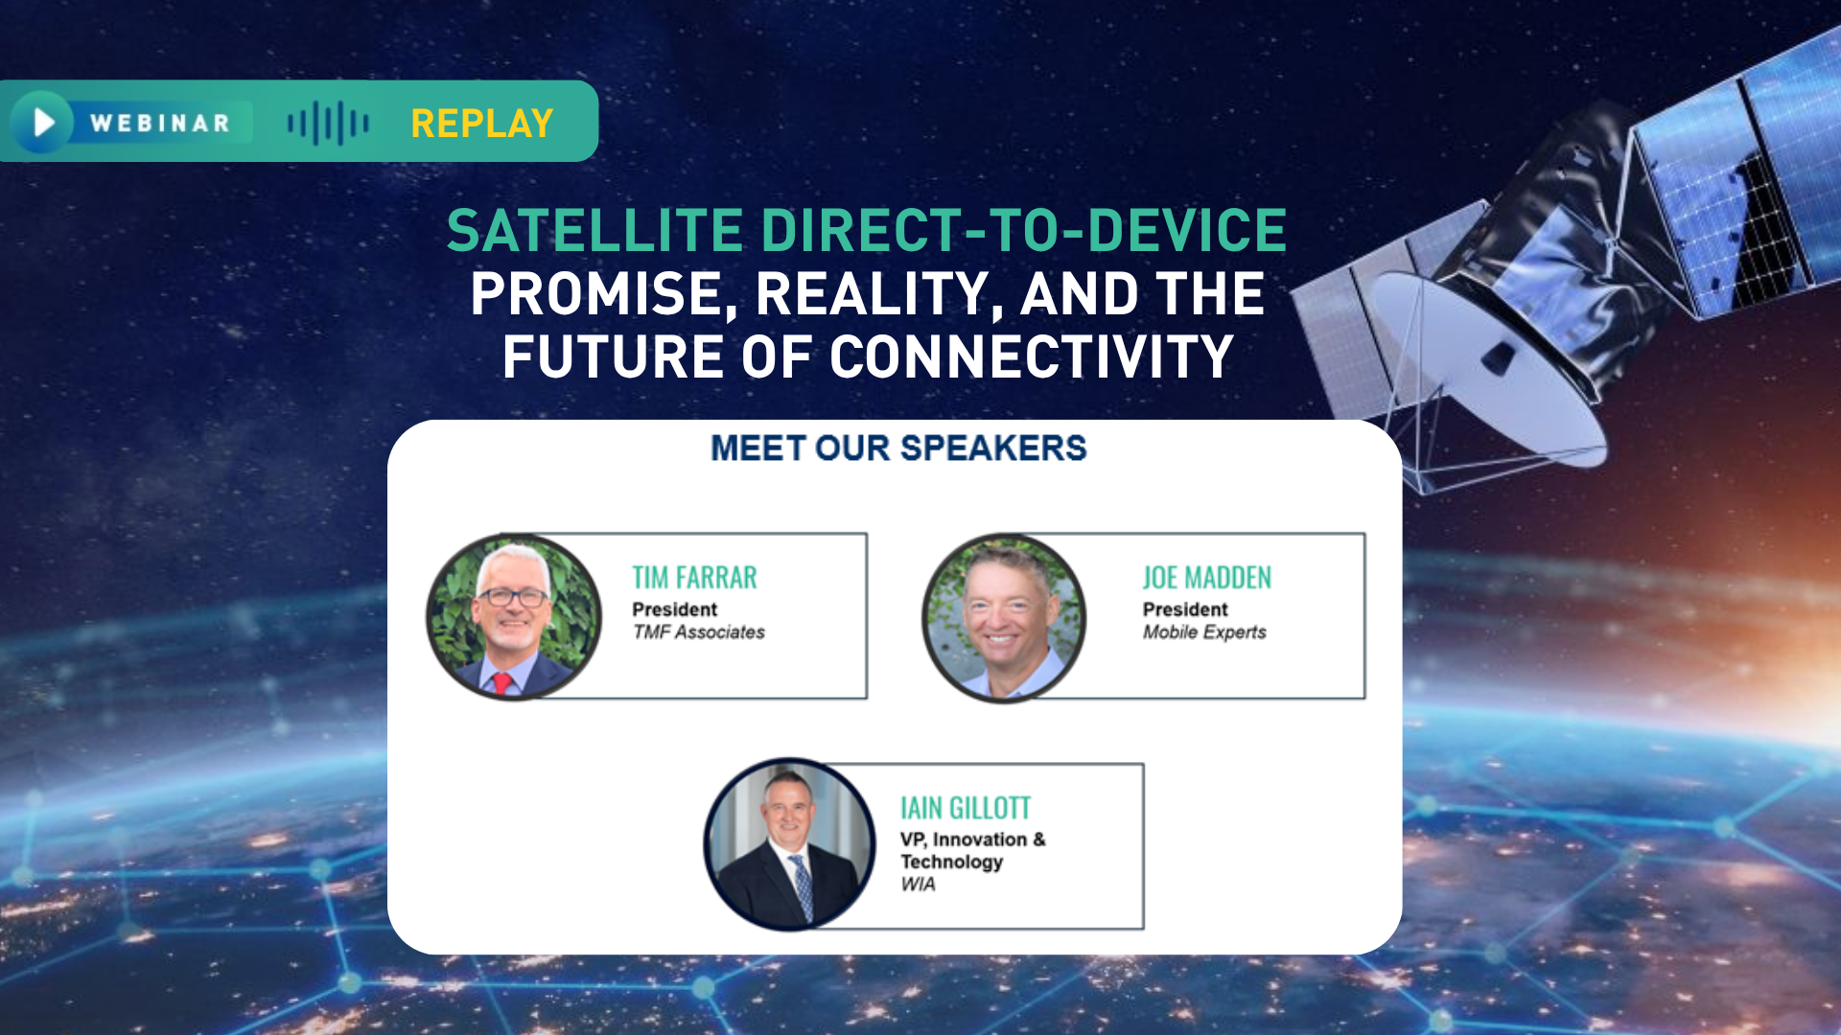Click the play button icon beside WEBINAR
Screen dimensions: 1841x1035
pyautogui.click(x=41, y=122)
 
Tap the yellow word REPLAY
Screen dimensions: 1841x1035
pyautogui.click(x=481, y=124)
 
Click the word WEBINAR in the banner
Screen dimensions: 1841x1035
pyautogui.click(x=160, y=124)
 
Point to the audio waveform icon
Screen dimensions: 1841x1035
pyautogui.click(x=328, y=124)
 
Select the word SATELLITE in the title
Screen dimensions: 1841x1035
pyautogui.click(x=594, y=231)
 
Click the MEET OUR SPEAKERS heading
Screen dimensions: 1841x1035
pyautogui.click(x=898, y=448)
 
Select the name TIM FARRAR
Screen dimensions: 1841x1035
pyautogui.click(x=694, y=578)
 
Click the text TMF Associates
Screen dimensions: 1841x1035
pyautogui.click(x=698, y=632)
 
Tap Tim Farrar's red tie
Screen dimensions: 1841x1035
pyautogui.click(x=501, y=682)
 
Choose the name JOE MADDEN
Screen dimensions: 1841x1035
pyautogui.click(x=1206, y=578)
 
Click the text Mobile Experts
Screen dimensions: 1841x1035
pyautogui.click(x=1204, y=632)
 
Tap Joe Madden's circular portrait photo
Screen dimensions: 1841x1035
pyautogui.click(x=1004, y=617)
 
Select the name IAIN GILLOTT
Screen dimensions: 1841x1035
pyautogui.click(x=965, y=809)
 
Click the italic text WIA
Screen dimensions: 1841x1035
pyautogui.click(x=918, y=885)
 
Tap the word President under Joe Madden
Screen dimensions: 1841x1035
pyautogui.click(x=1185, y=609)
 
